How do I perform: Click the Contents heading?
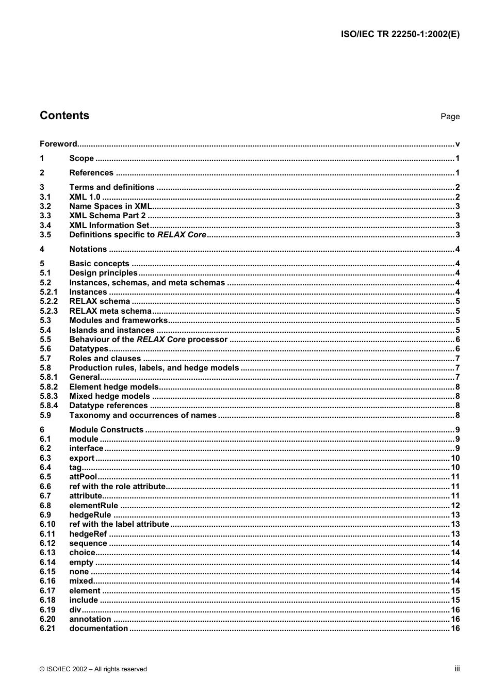[64, 116]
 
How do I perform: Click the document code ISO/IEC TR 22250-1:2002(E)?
[400, 35]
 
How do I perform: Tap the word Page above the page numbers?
[450, 117]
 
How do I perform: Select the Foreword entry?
[58, 144]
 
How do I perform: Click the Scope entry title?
[81, 158]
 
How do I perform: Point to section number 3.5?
[45, 235]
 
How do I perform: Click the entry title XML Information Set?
[109, 225]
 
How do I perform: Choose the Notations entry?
[88, 249]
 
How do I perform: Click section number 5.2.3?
[48, 311]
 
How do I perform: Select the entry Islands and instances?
[112, 330]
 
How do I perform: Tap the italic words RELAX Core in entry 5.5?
[161, 340]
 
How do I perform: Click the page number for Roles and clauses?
[457, 359]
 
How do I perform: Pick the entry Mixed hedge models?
[109, 396]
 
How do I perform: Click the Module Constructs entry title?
[106, 430]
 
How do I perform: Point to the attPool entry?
[83, 477]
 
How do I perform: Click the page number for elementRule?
[455, 506]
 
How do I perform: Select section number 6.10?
[47, 524]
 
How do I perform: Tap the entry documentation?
[99, 628]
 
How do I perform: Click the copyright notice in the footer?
[93, 669]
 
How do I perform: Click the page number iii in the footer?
[457, 669]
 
